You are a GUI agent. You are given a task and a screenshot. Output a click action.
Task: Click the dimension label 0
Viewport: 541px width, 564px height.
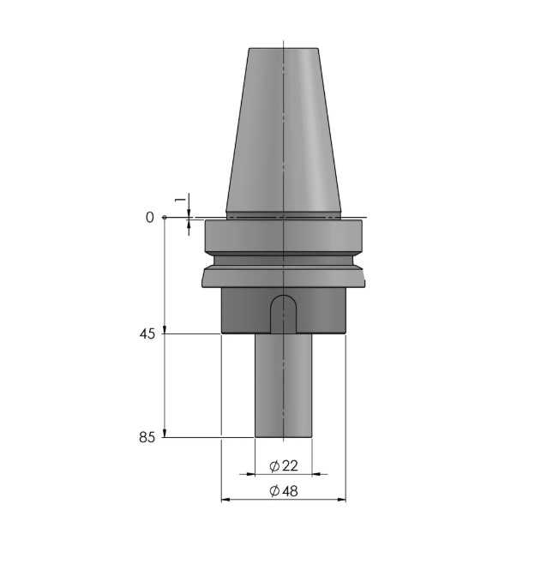coord(149,218)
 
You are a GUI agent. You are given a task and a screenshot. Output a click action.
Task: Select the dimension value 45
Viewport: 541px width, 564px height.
coord(147,334)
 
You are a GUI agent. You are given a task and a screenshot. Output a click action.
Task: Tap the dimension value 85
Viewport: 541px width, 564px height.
coord(147,438)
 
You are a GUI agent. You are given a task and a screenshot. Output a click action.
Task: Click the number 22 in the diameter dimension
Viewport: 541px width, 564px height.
coord(290,465)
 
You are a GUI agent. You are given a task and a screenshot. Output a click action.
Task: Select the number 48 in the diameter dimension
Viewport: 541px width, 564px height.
coord(290,491)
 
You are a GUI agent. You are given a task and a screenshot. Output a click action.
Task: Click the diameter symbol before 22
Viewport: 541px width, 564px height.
coord(274,465)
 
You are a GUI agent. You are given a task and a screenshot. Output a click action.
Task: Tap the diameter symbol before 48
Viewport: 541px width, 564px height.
coord(274,491)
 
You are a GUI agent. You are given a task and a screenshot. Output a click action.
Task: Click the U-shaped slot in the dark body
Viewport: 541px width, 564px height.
coord(284,314)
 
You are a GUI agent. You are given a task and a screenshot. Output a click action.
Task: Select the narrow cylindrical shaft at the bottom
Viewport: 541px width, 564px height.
coord(284,386)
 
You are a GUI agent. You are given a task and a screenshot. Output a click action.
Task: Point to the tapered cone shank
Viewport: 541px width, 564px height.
coord(284,129)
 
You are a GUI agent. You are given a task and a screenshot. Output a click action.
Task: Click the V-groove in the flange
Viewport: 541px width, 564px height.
coord(284,259)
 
